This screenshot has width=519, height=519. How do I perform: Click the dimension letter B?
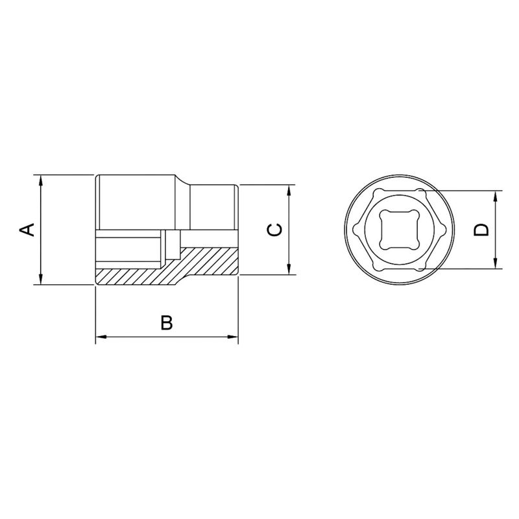(167, 322)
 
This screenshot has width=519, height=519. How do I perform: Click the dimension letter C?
(274, 230)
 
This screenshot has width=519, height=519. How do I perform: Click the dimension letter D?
(481, 230)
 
